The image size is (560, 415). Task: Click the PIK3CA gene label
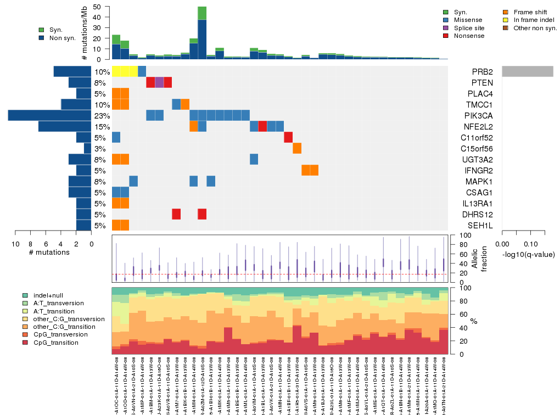[x=482, y=116]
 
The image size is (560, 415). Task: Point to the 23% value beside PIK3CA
[x=102, y=116]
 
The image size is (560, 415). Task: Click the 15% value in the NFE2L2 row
[x=102, y=127]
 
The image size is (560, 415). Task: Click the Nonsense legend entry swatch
[x=446, y=36]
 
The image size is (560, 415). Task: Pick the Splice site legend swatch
[x=446, y=27]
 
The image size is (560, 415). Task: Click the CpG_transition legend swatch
[x=25, y=343]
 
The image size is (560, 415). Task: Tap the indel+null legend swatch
[x=25, y=295]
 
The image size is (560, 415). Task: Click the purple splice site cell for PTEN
[x=159, y=82]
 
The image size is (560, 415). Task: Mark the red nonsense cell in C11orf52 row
[x=288, y=137]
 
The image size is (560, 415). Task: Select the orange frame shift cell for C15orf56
[x=297, y=148]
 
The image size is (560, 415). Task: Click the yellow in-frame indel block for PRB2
[x=125, y=71]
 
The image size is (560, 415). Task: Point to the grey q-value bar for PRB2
[x=527, y=71]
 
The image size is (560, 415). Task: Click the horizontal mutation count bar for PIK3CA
[x=49, y=115]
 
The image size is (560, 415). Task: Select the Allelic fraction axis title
[x=476, y=259]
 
